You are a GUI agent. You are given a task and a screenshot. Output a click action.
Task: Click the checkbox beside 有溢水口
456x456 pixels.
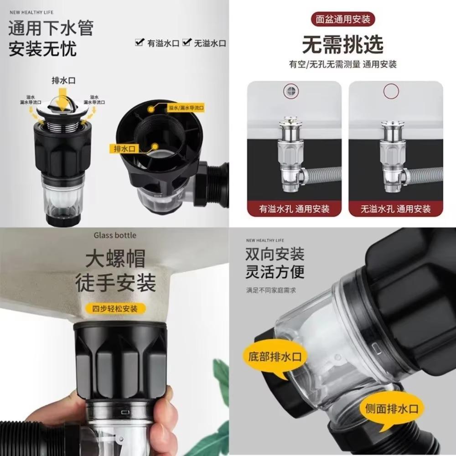click(x=140, y=43)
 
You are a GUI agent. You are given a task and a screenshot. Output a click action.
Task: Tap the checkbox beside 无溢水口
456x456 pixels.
click(x=187, y=43)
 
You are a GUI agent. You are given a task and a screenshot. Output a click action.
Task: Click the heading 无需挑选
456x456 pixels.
click(x=343, y=44)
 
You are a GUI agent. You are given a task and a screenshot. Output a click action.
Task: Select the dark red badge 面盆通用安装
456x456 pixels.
click(x=343, y=20)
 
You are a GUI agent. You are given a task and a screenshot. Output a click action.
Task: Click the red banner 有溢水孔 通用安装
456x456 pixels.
click(x=294, y=209)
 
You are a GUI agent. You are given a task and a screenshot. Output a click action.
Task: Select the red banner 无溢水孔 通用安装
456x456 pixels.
click(x=395, y=209)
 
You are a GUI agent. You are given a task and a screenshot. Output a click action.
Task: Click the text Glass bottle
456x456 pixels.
click(x=115, y=235)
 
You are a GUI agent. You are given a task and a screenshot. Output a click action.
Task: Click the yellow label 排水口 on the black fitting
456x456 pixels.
click(x=118, y=148)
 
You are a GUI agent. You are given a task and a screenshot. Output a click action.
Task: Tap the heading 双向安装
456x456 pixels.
click(x=275, y=254)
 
